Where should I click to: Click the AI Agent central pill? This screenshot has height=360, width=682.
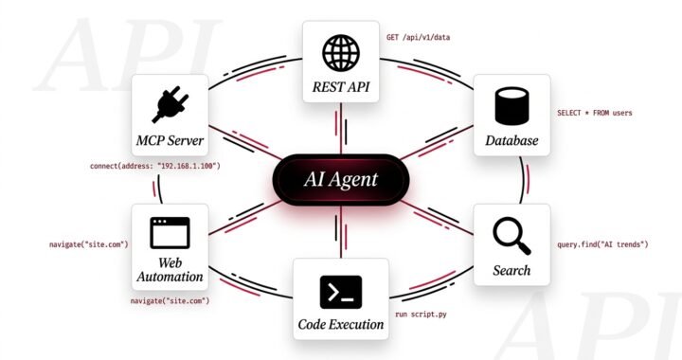pyautogui.click(x=340, y=178)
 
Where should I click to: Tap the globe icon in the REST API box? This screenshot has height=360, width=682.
pyautogui.click(x=340, y=50)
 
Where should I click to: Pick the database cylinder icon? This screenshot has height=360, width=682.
pyautogui.click(x=511, y=104)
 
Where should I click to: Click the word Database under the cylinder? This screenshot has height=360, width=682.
pyautogui.click(x=511, y=142)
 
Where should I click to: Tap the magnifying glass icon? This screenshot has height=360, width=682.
pyautogui.click(x=511, y=234)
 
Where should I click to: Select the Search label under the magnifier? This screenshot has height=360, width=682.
pyautogui.click(x=511, y=271)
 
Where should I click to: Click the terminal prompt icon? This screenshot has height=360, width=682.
pyautogui.click(x=341, y=291)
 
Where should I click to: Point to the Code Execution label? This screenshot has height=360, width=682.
pyautogui.click(x=341, y=324)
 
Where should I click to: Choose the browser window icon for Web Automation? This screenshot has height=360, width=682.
pyautogui.click(x=170, y=232)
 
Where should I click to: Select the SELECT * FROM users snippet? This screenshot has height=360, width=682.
pyautogui.click(x=594, y=113)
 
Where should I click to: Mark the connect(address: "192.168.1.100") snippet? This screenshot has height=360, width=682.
pyautogui.click(x=155, y=167)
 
